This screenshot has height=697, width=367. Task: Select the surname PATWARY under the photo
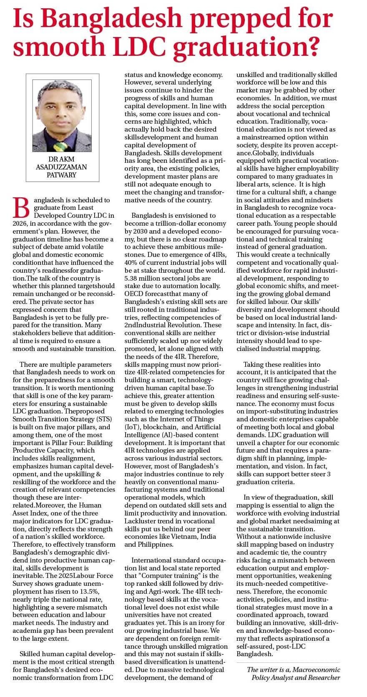pos(62,175)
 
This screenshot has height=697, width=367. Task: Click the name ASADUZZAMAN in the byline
pos(62,167)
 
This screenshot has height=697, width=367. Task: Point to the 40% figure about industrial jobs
pos(133,262)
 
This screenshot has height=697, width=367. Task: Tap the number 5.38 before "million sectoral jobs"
pos(133,278)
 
